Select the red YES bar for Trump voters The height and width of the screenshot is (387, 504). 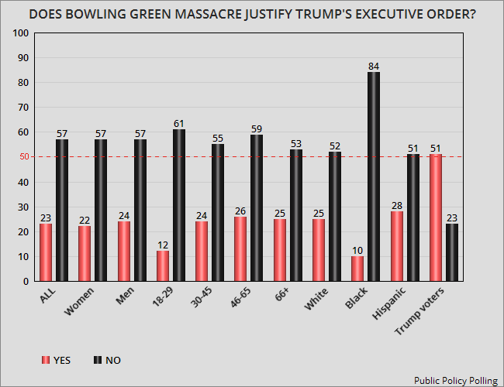coord(435,217)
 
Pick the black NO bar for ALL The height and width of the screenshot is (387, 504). coord(61,210)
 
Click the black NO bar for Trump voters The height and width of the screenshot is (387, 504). coord(451,252)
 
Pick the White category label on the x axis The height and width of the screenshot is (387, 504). coord(318,297)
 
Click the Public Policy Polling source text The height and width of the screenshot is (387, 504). coord(455,380)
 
